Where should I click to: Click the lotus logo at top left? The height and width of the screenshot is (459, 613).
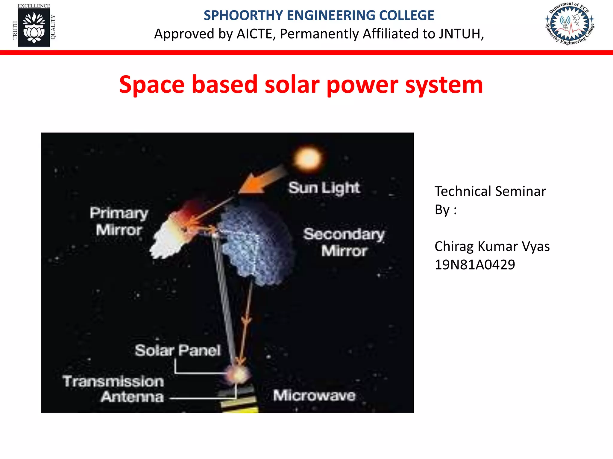pos(34,27)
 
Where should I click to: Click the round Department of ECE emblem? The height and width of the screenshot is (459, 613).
pos(570,24)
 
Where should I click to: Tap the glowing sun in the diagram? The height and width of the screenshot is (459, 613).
pos(308,159)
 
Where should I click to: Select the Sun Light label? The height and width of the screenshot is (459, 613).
pos(324,188)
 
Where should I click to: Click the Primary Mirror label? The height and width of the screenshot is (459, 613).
pos(119,221)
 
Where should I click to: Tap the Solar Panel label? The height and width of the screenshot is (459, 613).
pos(177,350)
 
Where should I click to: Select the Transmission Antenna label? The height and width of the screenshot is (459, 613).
pos(114,389)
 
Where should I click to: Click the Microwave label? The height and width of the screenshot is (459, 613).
pos(314,396)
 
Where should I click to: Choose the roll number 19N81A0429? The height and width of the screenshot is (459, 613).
pos(475,265)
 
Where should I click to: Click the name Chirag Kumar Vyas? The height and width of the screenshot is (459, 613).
pos(492,247)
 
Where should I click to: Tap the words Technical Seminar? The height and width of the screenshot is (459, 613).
pos(490,191)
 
